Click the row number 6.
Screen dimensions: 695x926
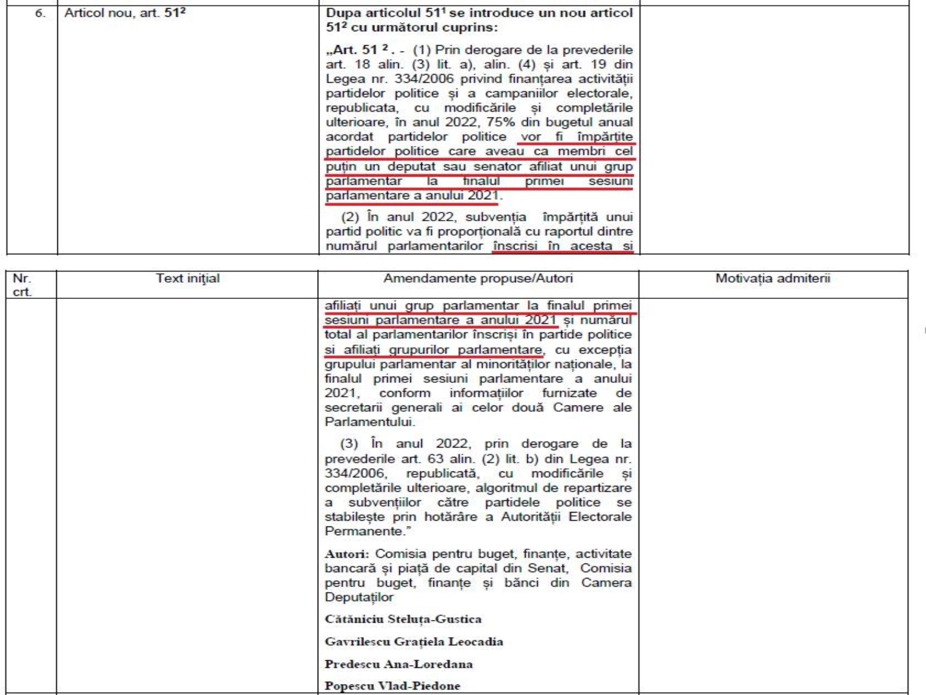point(39,13)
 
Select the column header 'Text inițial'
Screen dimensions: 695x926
point(188,279)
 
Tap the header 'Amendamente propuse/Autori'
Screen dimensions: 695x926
point(478,279)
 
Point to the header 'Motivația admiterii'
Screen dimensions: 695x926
point(773,279)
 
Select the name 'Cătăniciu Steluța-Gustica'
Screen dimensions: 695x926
point(403,619)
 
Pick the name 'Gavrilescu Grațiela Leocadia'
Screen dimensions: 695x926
point(414,642)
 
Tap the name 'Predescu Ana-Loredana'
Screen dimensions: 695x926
point(399,664)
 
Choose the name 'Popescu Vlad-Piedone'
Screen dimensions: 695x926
point(392,686)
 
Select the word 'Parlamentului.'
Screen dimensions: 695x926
point(370,422)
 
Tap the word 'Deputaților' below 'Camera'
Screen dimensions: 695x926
point(359,597)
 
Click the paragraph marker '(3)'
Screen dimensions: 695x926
point(350,444)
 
